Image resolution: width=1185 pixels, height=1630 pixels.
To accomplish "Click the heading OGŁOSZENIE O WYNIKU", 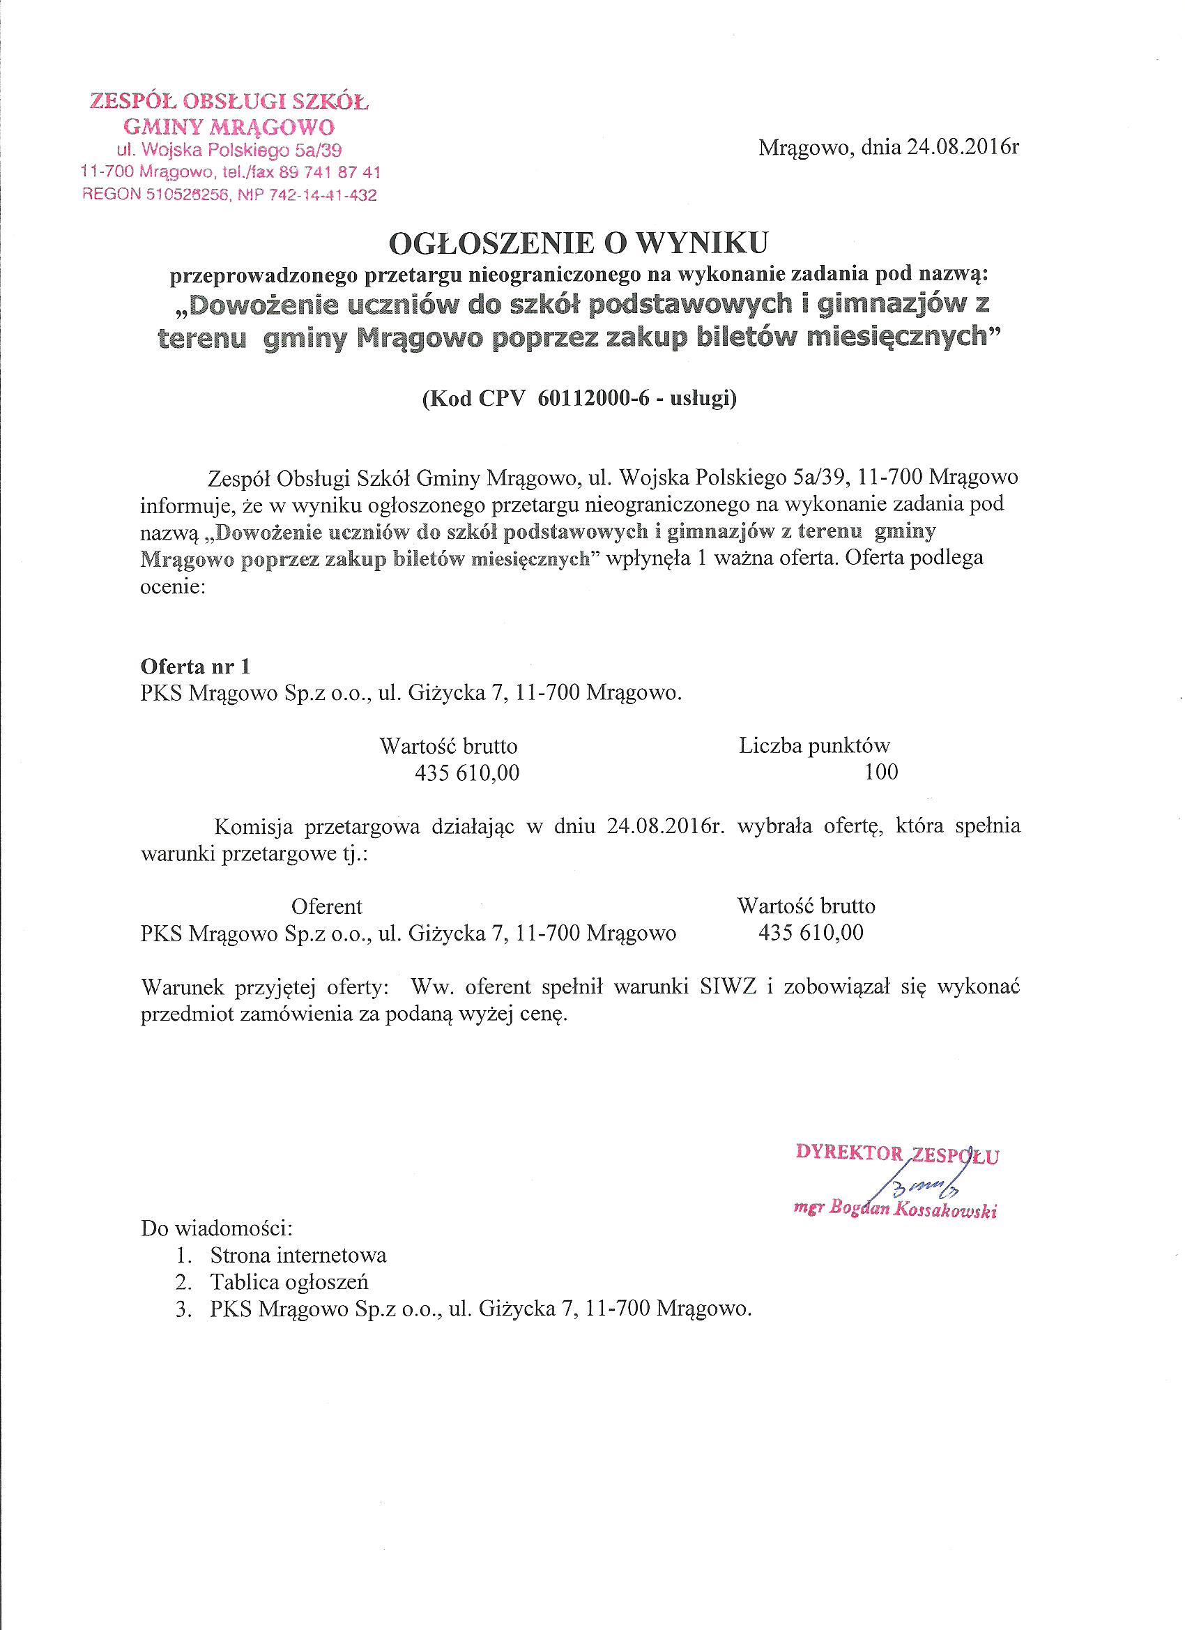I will point(579,244).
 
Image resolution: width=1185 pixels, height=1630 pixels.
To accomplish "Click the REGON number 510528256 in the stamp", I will point(179,195).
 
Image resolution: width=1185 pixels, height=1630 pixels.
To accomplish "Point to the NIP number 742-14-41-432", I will point(312,195).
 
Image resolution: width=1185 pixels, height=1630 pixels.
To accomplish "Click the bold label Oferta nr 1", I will point(194,667).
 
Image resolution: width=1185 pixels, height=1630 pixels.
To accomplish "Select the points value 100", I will point(881,772).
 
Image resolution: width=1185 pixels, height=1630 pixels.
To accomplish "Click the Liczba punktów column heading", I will point(814,745).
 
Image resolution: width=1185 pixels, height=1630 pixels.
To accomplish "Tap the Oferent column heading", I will point(327,906).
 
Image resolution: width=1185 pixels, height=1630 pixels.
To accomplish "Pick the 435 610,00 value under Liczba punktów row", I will point(467,772).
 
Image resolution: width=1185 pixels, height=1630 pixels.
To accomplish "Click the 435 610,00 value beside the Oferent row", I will point(811,932).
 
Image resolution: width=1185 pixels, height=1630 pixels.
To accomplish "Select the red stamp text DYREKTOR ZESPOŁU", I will point(898,1154).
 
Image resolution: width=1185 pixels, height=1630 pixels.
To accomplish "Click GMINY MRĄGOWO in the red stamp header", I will point(229,127).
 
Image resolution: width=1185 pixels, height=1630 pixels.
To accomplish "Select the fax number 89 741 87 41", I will point(332,172).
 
